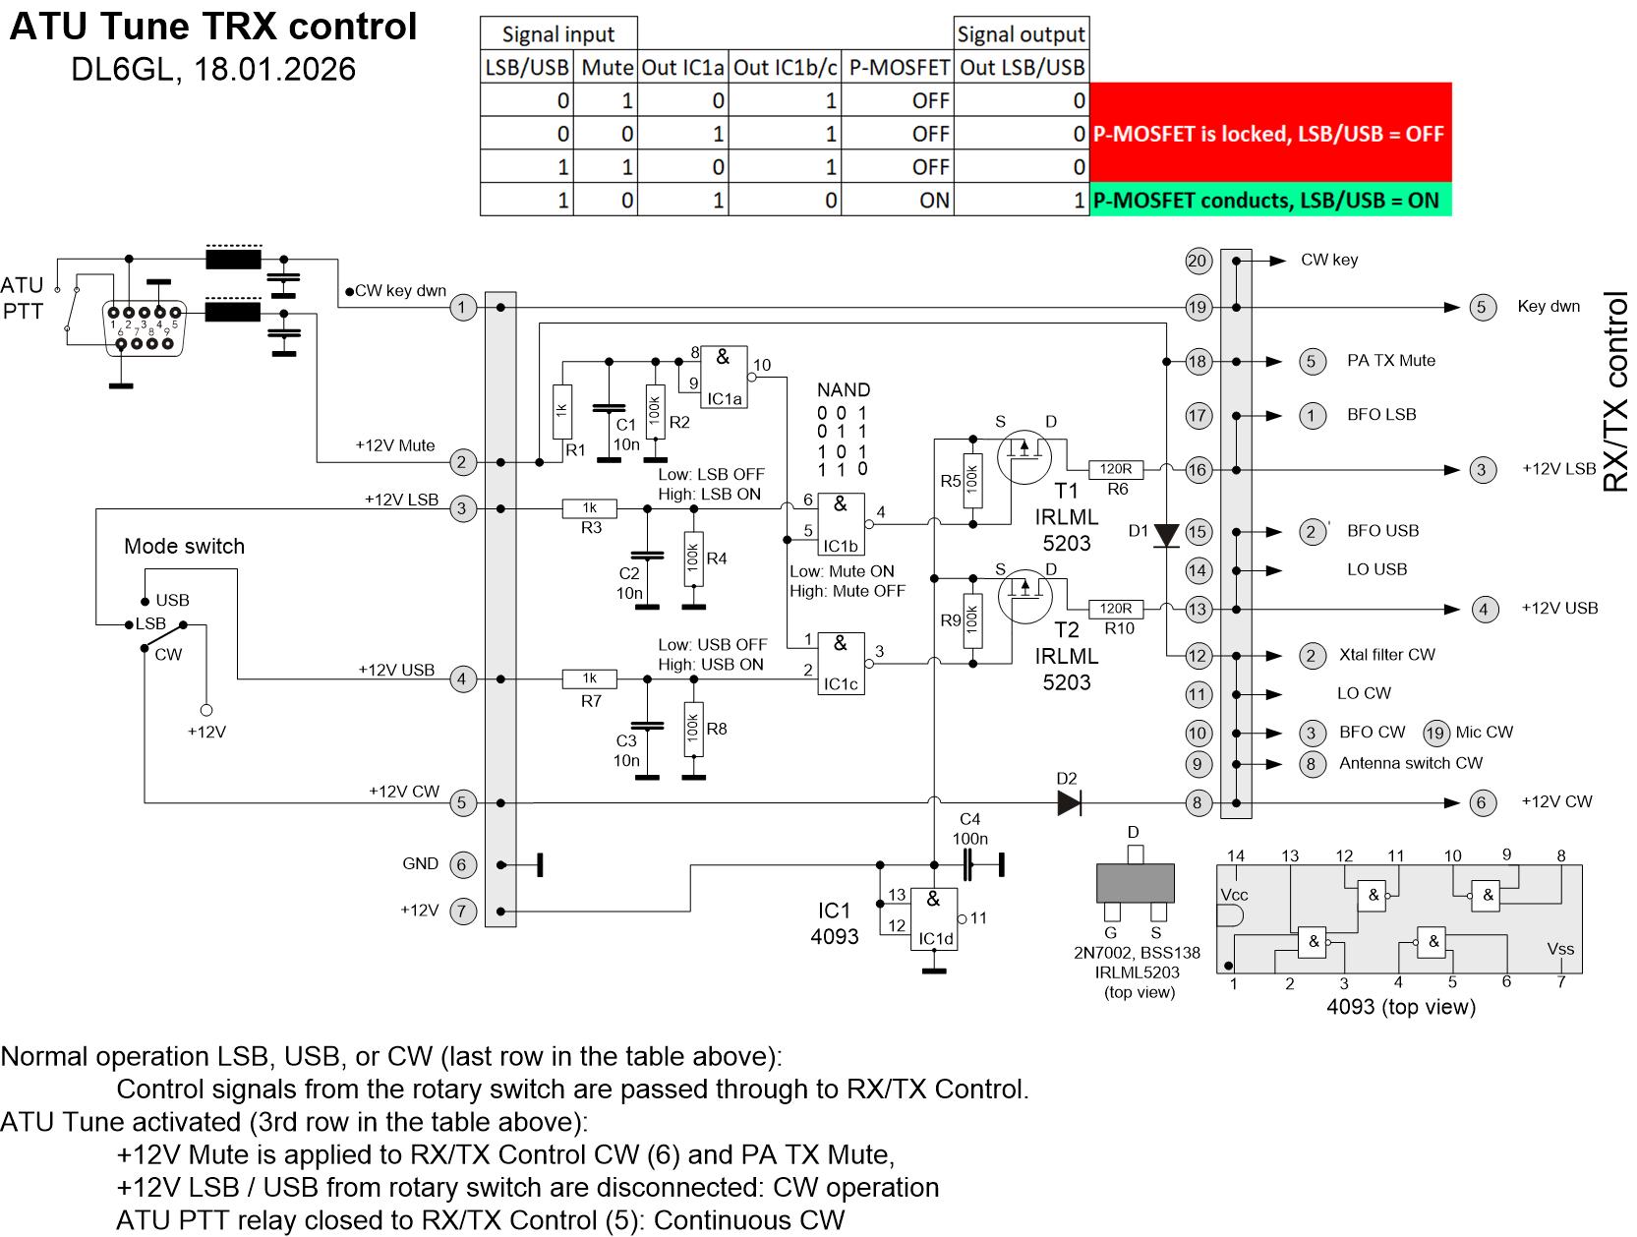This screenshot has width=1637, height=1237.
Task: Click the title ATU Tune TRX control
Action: (213, 27)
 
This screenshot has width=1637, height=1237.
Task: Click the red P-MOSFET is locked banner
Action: (1269, 134)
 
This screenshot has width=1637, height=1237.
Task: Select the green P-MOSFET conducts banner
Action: (1269, 201)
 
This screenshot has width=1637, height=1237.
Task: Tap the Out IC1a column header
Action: (682, 67)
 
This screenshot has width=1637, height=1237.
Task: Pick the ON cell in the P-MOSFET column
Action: (933, 201)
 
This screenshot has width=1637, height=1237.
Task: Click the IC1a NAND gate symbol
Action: (724, 377)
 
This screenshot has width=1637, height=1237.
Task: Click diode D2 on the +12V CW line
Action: (1069, 802)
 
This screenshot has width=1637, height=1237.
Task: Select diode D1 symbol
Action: (1166, 535)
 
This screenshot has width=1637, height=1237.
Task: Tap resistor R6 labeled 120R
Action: (1115, 470)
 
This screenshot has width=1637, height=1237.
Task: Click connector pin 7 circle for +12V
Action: (462, 912)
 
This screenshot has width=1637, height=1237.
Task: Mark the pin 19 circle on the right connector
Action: (1197, 308)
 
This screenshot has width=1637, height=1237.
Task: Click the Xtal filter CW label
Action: (1386, 655)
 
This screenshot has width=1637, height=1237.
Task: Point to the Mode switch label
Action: (184, 547)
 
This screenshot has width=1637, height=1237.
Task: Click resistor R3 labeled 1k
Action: (589, 508)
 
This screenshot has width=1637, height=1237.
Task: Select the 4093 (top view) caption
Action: (1400, 1007)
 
